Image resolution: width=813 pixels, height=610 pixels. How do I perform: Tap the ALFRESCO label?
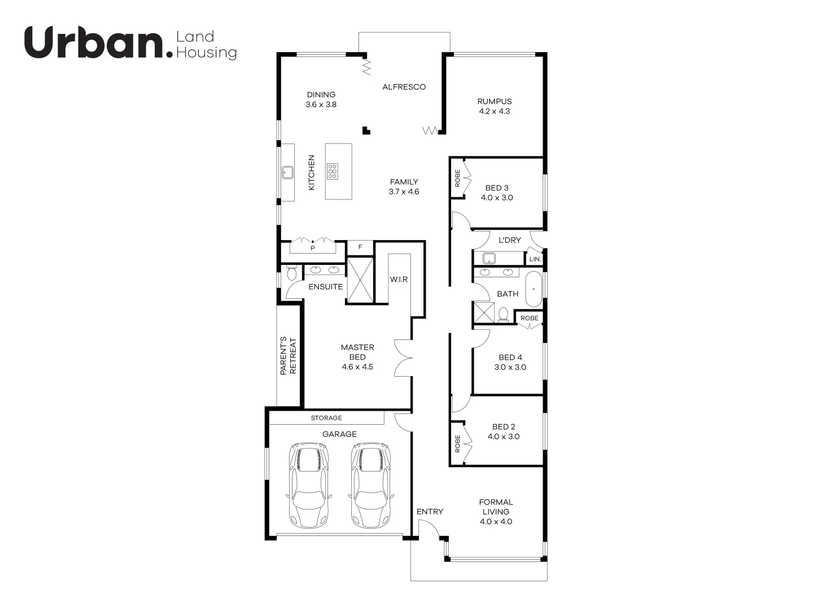404,87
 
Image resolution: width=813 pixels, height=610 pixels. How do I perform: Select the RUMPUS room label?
494,102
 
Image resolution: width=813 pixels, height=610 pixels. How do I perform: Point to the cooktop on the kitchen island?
333,171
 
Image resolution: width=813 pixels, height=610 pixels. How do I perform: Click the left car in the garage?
308,485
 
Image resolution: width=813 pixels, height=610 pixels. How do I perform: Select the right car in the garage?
371,485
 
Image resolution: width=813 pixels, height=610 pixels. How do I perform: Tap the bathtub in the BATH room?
534,289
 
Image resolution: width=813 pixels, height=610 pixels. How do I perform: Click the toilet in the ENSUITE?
291,274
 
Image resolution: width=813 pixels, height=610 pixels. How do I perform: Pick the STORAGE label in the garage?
326,418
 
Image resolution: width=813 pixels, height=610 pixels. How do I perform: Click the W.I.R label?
399,280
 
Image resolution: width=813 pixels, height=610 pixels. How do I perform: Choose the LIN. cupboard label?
535,259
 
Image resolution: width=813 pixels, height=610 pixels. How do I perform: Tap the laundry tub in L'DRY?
489,259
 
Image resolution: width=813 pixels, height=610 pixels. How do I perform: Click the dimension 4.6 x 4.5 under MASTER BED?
357,367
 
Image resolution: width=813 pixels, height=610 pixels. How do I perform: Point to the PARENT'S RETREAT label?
288,356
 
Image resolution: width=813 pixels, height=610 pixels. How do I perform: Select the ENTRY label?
430,512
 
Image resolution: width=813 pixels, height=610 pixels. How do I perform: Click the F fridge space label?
360,247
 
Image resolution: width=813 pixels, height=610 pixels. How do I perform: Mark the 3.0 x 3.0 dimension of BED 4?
510,367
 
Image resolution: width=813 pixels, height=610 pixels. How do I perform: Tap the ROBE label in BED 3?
457,178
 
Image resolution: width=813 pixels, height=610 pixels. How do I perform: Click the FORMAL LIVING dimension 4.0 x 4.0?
496,521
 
